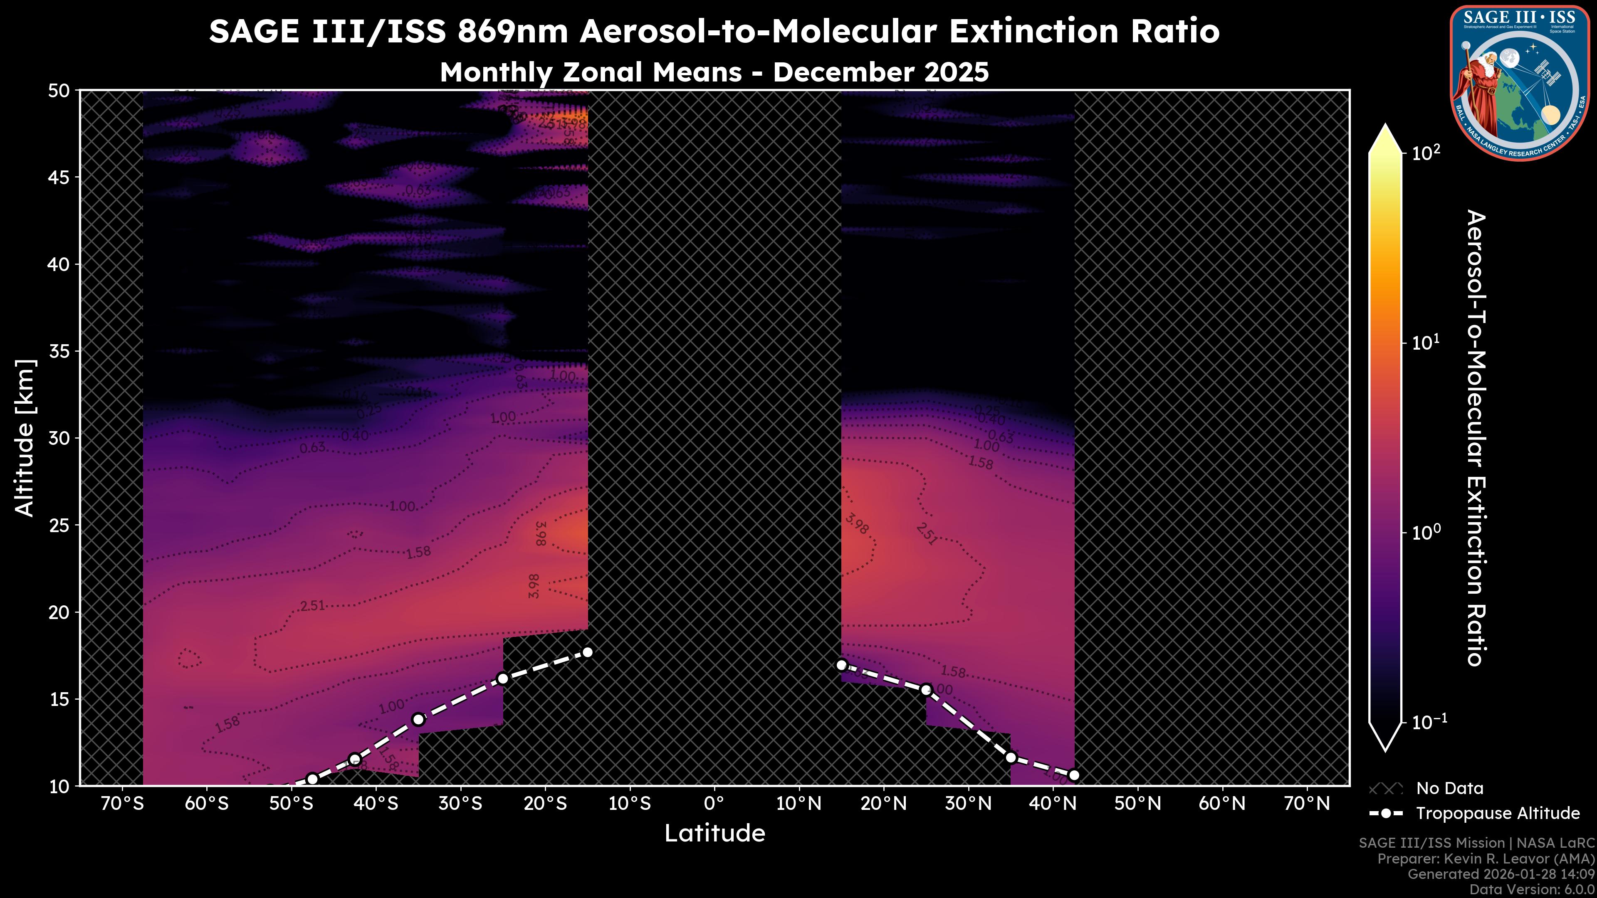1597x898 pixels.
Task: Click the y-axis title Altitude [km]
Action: tap(25, 437)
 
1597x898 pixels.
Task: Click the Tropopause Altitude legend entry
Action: tap(1497, 813)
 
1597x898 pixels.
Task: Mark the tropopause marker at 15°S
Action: tap(588, 652)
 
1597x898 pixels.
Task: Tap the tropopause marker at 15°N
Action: tap(841, 665)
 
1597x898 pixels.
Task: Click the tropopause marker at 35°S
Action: tap(418, 720)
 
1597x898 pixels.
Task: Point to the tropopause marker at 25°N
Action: tap(926, 690)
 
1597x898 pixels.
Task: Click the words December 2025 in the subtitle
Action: tap(880, 72)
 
